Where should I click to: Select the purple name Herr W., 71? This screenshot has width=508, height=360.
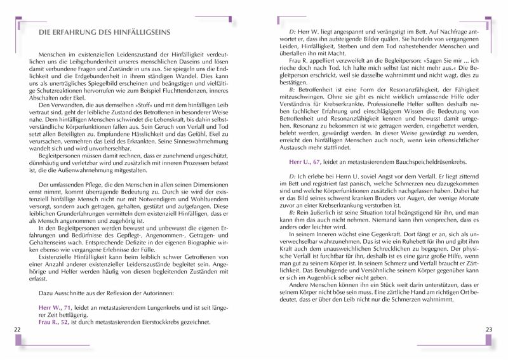55,307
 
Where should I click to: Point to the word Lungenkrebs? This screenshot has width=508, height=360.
157,307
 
